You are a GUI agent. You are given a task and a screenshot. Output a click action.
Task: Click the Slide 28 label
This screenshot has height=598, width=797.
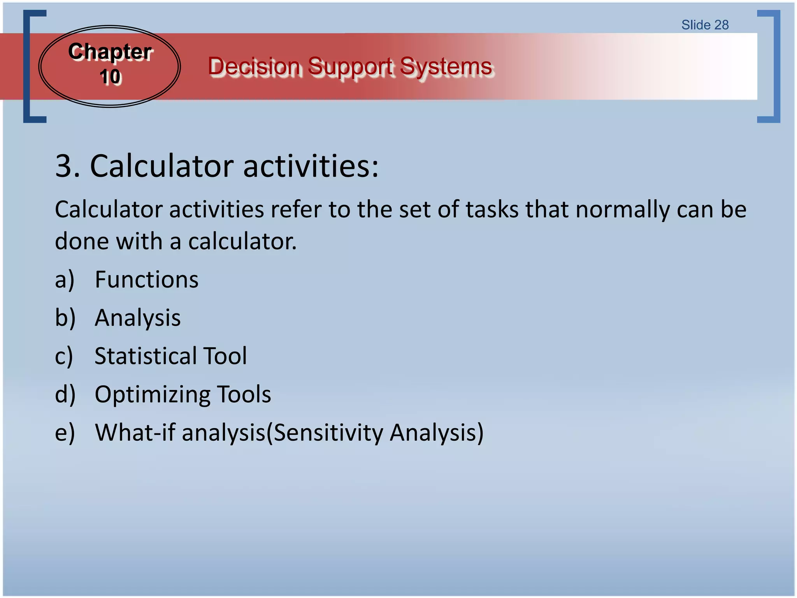pyautogui.click(x=705, y=25)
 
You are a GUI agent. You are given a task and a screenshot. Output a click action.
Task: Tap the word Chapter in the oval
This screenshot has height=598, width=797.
pyautogui.click(x=110, y=52)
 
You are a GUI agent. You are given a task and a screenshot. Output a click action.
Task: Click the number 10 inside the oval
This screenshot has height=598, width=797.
pyautogui.click(x=110, y=77)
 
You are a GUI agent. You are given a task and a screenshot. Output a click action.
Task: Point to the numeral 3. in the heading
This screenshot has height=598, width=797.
pyautogui.click(x=67, y=166)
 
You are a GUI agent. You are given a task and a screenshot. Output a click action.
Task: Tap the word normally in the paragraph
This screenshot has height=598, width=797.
pyautogui.click(x=622, y=209)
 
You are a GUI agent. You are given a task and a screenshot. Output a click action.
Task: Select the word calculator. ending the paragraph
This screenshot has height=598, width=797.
pyautogui.click(x=242, y=242)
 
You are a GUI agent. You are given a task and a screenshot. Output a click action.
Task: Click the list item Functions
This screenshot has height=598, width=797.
pyautogui.click(x=146, y=280)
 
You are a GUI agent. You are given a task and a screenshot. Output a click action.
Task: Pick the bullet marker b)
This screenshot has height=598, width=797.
pyautogui.click(x=65, y=318)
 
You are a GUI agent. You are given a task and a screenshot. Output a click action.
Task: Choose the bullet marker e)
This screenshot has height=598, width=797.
pyautogui.click(x=65, y=433)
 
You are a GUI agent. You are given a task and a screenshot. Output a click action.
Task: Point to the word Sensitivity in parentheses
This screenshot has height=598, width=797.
pyautogui.click(x=328, y=433)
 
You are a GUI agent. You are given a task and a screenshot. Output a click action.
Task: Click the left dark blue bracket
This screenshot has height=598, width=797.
pyautogui.click(x=27, y=66)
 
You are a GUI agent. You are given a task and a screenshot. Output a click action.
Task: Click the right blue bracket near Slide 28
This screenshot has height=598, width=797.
pyautogui.click(x=776, y=66)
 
